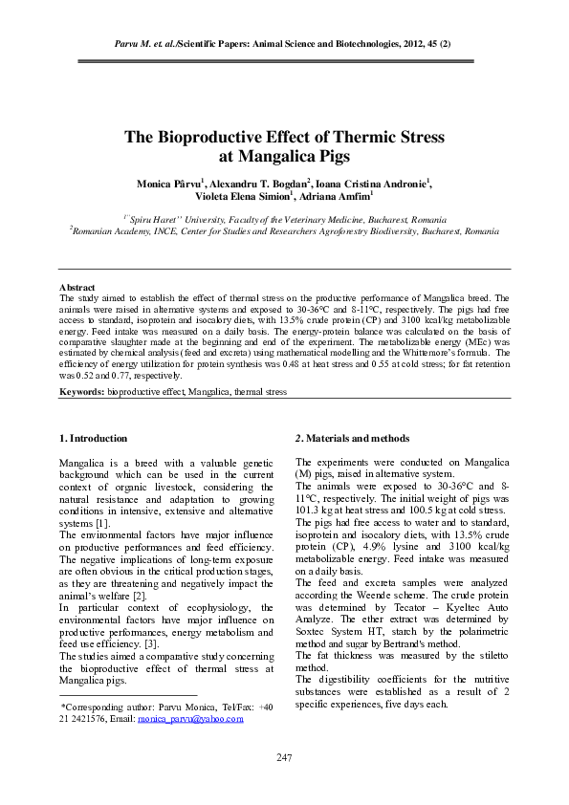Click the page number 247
point(284,757)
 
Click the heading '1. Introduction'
point(93,438)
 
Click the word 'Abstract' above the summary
point(77,287)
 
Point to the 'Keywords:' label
point(82,392)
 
